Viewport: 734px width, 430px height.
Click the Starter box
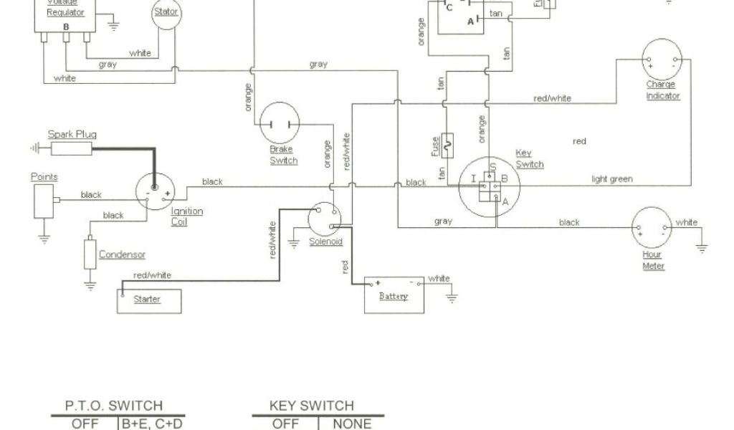pyautogui.click(x=149, y=300)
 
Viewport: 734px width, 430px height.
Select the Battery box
pyautogui.click(x=394, y=295)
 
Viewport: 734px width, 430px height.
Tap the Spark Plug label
pyautogui.click(x=72, y=134)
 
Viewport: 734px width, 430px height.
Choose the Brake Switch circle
pyautogui.click(x=279, y=123)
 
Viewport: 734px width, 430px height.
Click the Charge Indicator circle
pyautogui.click(x=662, y=59)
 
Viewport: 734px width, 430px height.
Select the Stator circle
pyautogui.click(x=166, y=14)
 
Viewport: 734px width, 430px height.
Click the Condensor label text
pyautogui.click(x=122, y=254)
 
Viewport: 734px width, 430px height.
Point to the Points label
pyautogui.click(x=44, y=177)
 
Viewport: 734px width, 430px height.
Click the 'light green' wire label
pyautogui.click(x=612, y=179)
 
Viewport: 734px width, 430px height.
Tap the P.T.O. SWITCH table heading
pyautogui.click(x=114, y=406)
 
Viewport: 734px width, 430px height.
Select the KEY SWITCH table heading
pyautogui.click(x=312, y=406)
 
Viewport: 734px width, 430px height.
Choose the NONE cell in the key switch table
pyautogui.click(x=352, y=424)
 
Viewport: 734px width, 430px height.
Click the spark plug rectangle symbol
pyautogui.click(x=70, y=148)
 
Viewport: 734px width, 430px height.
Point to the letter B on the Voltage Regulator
pyautogui.click(x=66, y=27)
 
